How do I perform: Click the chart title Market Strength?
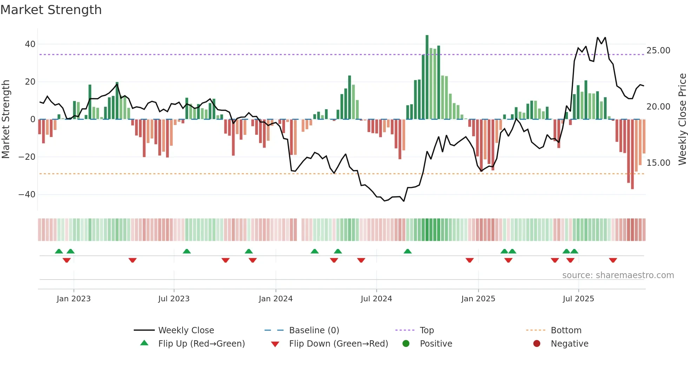tap(51, 9)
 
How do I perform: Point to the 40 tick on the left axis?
tap(30, 44)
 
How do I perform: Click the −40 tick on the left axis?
tap(27, 194)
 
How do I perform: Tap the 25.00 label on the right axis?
tap(658, 51)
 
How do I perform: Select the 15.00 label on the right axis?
tap(658, 163)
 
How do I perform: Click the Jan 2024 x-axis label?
tap(276, 299)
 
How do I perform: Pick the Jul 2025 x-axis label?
tap(578, 299)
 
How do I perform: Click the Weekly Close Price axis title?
tap(682, 119)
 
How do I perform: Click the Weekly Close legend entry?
tap(186, 330)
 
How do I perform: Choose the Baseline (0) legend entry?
tap(314, 330)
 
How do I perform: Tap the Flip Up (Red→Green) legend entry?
tap(201, 344)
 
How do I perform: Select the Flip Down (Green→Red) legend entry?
tap(338, 344)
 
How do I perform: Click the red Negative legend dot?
tap(537, 343)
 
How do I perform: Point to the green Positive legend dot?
tap(406, 343)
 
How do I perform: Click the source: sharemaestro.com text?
tap(618, 275)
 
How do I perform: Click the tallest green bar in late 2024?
tap(427, 77)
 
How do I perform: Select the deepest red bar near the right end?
tap(632, 155)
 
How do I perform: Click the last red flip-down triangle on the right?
tap(613, 260)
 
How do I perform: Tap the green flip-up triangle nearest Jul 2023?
tap(187, 251)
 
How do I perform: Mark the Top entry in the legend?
tap(426, 330)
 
